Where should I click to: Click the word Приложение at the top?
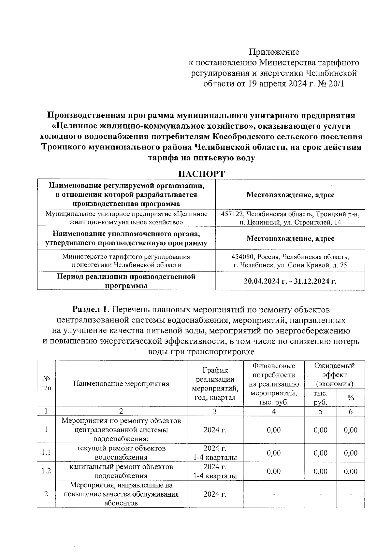[274, 52]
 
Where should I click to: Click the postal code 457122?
[232, 214]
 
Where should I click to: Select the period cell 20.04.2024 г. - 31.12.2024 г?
[290, 281]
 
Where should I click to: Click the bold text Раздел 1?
[92, 309]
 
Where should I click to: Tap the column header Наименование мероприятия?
[121, 384]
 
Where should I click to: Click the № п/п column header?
[46, 383]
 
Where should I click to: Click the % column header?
[351, 398]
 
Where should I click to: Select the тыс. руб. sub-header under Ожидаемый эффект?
[320, 398]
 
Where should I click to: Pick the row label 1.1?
[46, 453]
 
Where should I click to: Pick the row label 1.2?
[46, 471]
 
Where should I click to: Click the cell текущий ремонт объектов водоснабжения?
[121, 453]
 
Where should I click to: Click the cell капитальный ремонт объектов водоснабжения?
[121, 471]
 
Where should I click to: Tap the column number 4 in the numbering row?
[274, 411]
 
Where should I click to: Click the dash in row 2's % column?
[351, 494]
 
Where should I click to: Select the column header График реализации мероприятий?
[215, 384]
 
